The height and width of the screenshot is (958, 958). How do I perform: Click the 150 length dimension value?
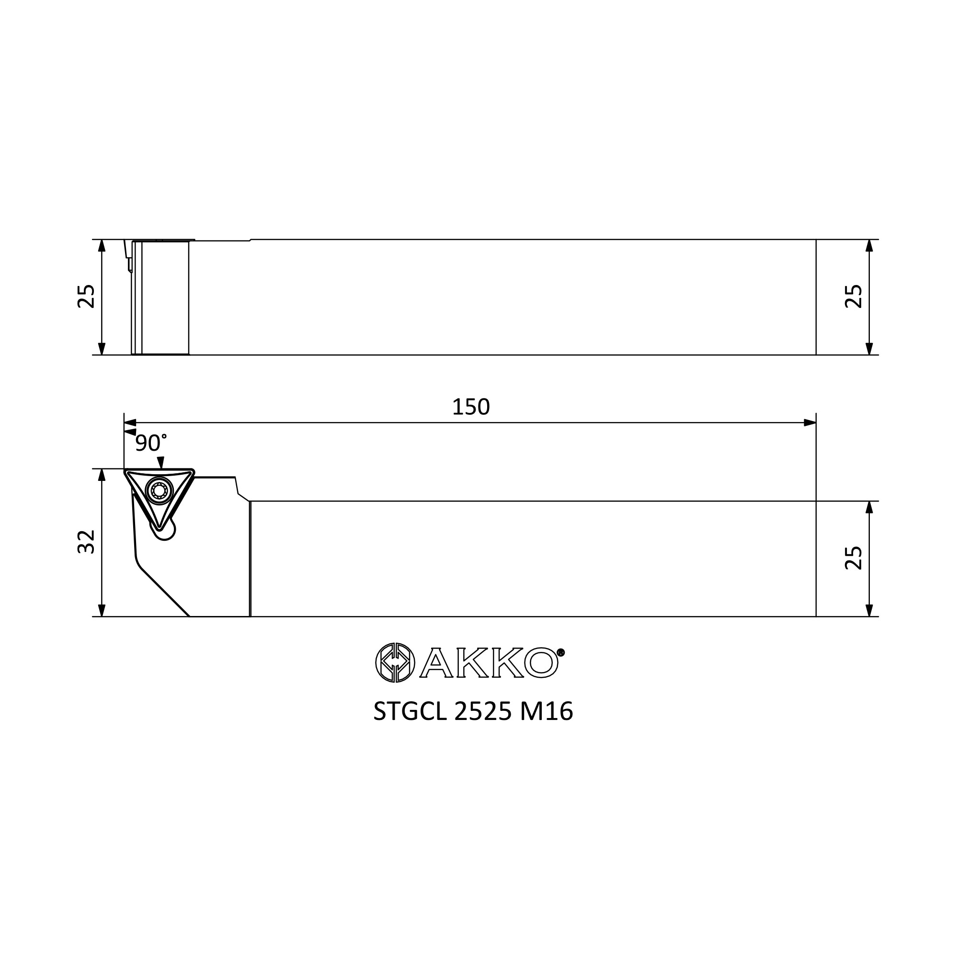470,407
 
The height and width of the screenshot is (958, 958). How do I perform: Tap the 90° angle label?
151,442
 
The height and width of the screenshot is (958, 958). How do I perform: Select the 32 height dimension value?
86,541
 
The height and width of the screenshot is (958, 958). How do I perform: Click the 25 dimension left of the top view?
86,297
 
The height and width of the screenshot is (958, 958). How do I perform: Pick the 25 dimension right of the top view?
854,297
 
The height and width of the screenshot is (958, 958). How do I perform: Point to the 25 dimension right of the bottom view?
854,559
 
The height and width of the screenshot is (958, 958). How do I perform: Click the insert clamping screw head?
159,490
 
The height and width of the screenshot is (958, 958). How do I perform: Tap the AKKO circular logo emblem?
395,662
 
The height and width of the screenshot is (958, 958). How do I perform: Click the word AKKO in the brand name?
489,662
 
